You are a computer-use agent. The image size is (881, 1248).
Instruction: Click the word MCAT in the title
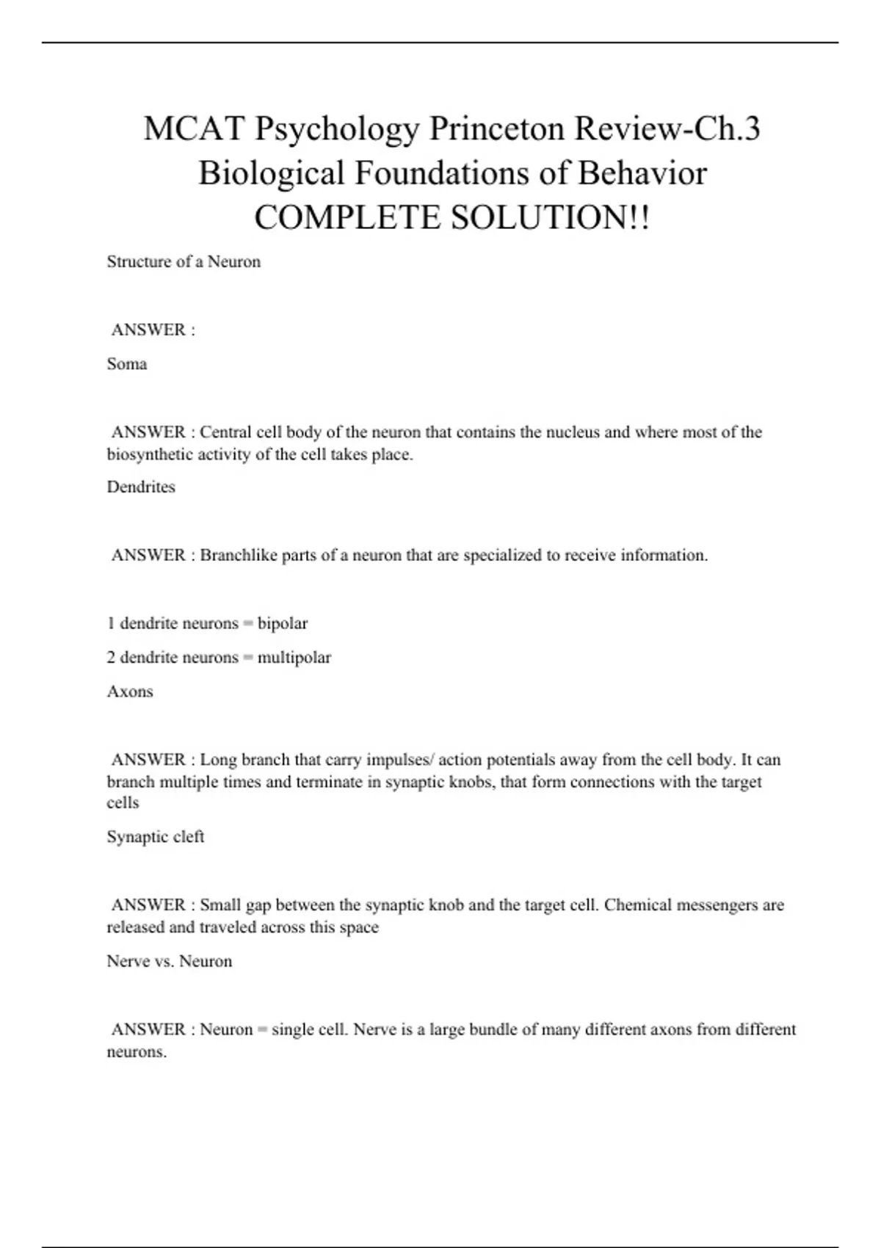(194, 129)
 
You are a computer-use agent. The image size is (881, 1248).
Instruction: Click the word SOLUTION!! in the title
(550, 218)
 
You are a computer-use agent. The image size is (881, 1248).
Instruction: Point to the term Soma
(127, 364)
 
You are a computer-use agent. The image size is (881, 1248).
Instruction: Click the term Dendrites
(141, 487)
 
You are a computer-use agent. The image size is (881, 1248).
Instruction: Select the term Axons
(130, 692)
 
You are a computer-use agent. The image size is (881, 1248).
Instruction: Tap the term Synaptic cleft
(156, 837)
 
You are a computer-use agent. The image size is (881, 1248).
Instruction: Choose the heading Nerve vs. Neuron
(170, 962)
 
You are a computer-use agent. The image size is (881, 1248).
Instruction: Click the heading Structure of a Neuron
(184, 262)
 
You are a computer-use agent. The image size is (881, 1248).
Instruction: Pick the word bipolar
(283, 623)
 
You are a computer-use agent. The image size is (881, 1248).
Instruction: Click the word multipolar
(294, 657)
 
